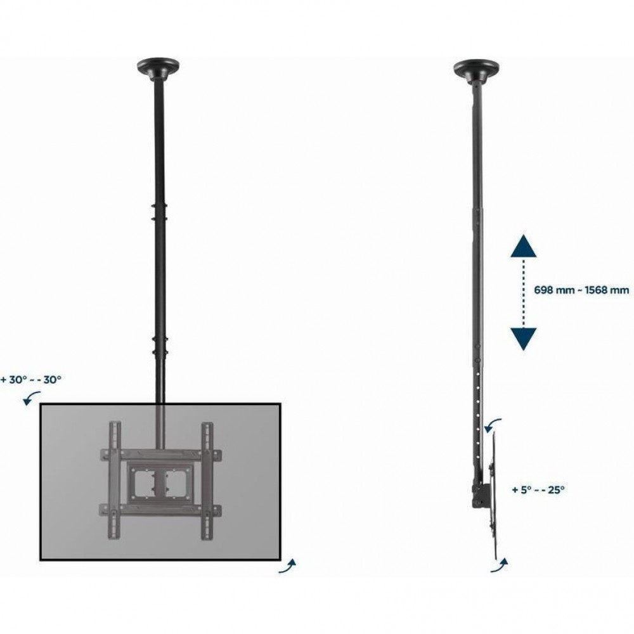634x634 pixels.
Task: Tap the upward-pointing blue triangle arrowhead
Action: (523, 246)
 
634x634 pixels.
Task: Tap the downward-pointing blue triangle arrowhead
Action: (523, 339)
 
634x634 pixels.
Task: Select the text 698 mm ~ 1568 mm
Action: (581, 290)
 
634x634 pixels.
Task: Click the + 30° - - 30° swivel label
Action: (31, 380)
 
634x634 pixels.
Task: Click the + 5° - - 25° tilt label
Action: (538, 489)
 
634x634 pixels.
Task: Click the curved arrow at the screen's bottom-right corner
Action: (287, 566)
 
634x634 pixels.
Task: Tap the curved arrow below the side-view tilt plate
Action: (500, 565)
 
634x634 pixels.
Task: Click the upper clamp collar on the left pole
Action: (158, 212)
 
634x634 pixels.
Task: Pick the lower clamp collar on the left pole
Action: (159, 345)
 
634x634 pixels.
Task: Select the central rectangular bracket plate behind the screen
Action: (160, 481)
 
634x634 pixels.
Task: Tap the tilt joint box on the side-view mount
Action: (479, 493)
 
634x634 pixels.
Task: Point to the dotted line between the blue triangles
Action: (523, 293)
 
